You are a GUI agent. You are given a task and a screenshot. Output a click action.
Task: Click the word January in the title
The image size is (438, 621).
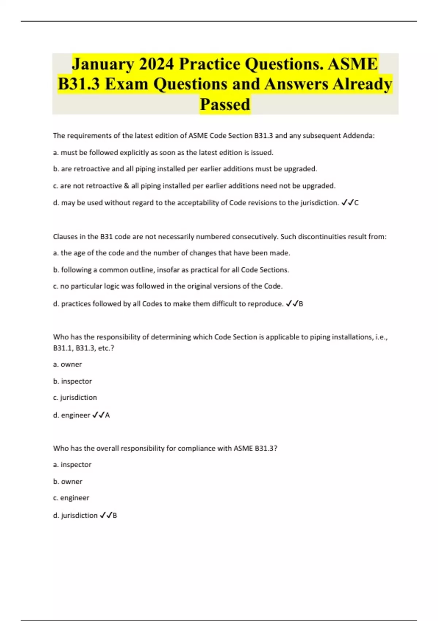pos(103,64)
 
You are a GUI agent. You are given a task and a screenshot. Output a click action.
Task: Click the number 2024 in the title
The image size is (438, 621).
pos(157,64)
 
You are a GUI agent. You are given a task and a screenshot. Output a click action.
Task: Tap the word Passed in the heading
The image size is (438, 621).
pos(225,104)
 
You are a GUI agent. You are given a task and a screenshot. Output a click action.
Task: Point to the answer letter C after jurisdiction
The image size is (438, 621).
pos(357,203)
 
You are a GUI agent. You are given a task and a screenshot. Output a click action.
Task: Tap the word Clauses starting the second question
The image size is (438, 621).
pos(64,237)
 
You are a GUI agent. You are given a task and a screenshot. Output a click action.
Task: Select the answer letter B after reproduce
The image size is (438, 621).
pos(301,304)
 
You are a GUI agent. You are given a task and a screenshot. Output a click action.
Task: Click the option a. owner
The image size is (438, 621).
pos(68,365)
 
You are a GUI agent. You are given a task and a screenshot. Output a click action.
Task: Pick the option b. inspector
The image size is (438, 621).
pos(72,381)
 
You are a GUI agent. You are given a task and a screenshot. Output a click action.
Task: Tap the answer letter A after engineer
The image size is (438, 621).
pos(107,415)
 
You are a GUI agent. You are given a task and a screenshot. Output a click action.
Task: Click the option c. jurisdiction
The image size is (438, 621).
pos(75,397)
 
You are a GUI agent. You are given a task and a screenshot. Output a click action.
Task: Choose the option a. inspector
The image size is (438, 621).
pos(72,465)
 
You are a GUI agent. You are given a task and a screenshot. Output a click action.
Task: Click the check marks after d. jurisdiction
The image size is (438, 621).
pos(105,515)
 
